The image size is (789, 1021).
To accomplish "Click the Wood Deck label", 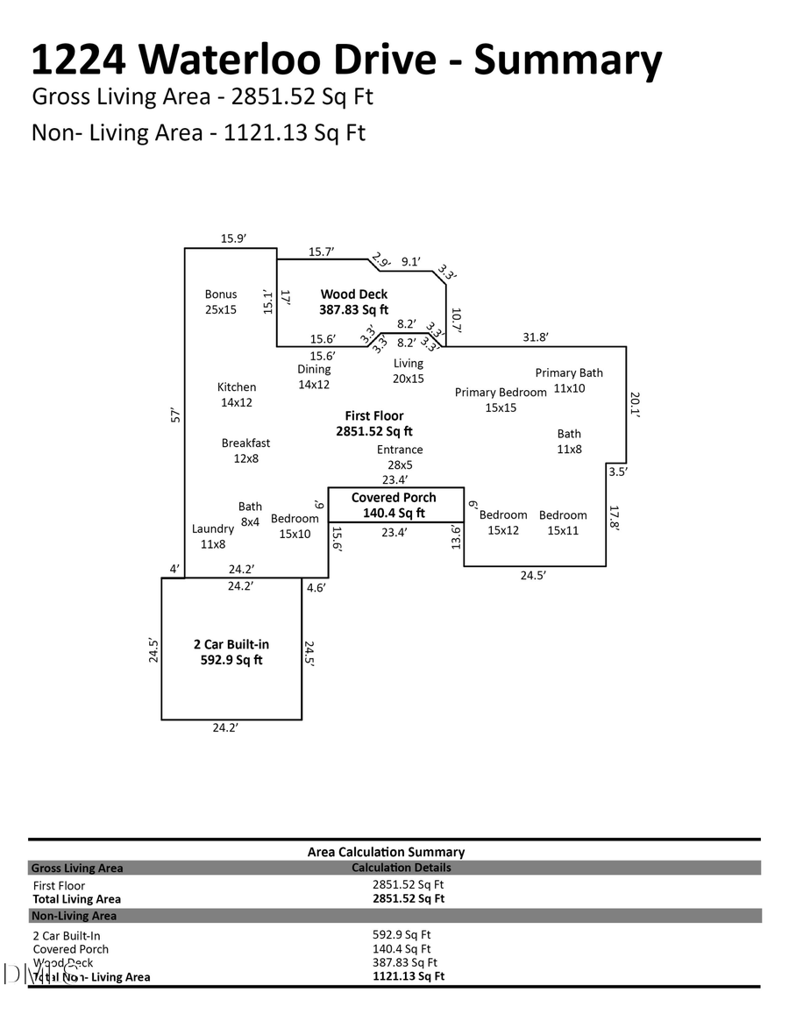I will coord(353,301).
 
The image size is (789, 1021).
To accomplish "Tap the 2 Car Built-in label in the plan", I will coord(231,652).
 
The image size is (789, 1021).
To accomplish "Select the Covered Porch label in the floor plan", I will coord(394,505).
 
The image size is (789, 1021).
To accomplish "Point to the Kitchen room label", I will coord(237,394).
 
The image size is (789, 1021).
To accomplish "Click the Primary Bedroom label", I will coord(501,400).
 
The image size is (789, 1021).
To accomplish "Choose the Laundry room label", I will coord(213,535).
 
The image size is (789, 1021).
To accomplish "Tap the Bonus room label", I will coord(221,301).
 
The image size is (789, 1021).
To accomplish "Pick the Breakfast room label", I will coord(245,450).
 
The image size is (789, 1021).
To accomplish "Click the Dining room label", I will coord(314,376).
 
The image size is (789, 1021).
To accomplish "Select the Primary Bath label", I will coord(569,380).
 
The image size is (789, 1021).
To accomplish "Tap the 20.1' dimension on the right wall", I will coord(636,403).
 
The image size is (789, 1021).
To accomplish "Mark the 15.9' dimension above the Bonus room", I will coord(233,238).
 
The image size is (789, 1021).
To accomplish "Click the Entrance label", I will coord(400,457).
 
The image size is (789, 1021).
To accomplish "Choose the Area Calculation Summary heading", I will coord(386,852).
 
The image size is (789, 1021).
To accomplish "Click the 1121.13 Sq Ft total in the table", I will coord(409,976).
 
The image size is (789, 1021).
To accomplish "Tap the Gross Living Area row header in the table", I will coord(77,869).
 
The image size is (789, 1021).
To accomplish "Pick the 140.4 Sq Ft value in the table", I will coord(402,948).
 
